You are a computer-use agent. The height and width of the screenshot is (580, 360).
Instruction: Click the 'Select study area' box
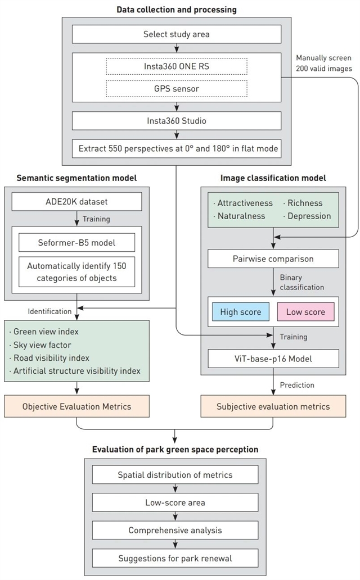[x=177, y=35]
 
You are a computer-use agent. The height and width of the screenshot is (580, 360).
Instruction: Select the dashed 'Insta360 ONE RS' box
[x=177, y=66]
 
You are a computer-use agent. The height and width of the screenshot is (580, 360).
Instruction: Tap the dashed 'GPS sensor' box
[x=177, y=89]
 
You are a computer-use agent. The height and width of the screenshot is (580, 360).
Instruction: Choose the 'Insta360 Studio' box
[x=177, y=120]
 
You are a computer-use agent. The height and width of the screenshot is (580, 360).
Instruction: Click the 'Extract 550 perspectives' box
[x=177, y=149]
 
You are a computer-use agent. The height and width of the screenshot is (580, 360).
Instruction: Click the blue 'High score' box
[x=241, y=311]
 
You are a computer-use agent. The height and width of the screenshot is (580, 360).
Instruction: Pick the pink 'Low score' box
[x=305, y=311]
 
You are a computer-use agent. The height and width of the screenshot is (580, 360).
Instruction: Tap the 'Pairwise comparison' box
[x=273, y=259]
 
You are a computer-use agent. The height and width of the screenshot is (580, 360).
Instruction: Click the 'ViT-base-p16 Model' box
[x=273, y=358]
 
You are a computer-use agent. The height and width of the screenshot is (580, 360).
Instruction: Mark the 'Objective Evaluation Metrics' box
[x=77, y=406]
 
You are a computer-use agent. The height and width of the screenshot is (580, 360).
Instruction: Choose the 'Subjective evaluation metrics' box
[x=273, y=406]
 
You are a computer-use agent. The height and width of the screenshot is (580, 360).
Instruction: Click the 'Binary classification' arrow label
[x=303, y=282]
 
